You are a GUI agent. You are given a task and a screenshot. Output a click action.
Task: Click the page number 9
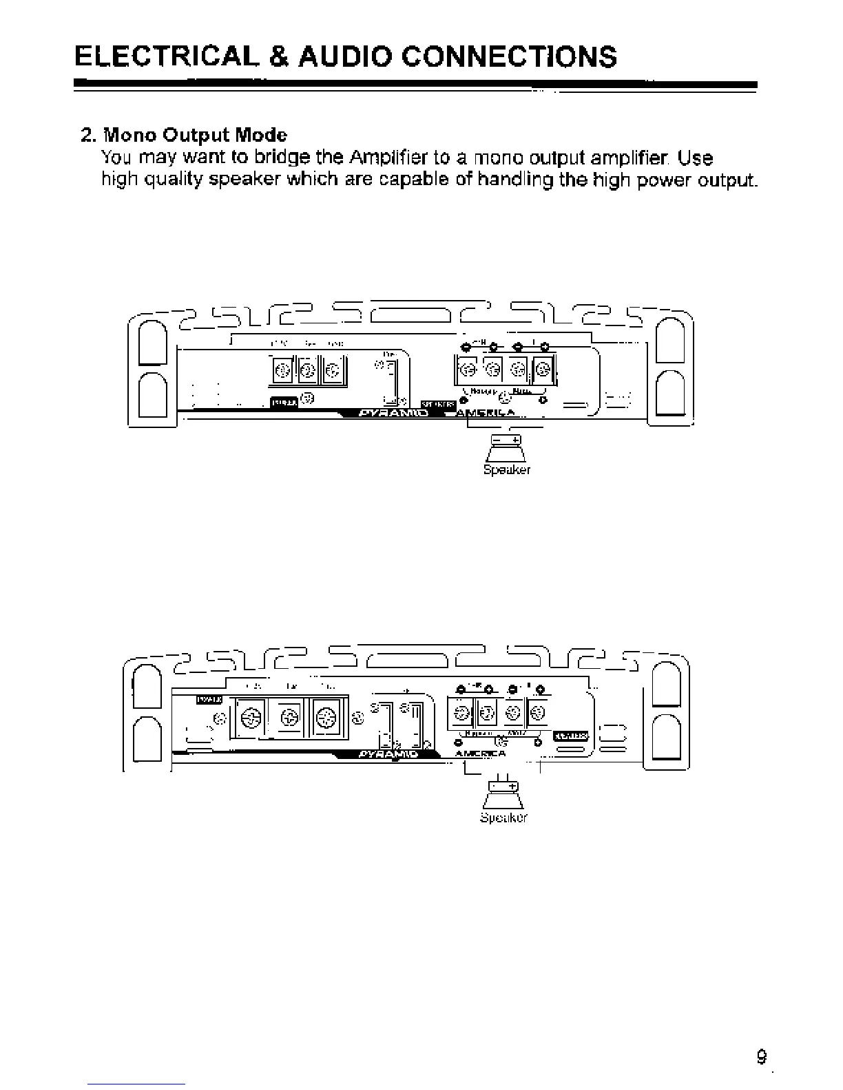click(x=761, y=1057)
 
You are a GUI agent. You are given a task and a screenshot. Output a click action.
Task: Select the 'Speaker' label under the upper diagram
click(x=507, y=470)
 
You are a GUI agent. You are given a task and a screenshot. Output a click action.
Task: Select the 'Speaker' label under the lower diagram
click(x=503, y=817)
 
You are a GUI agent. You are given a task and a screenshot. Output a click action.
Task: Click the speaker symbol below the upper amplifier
click(x=506, y=449)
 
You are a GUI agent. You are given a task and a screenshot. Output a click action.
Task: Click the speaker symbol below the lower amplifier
click(x=503, y=795)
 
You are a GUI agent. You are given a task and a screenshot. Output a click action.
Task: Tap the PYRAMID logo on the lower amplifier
click(x=390, y=754)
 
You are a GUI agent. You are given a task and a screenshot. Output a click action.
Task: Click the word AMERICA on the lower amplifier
click(x=480, y=754)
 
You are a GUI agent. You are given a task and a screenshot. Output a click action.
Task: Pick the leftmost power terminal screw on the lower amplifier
click(x=250, y=719)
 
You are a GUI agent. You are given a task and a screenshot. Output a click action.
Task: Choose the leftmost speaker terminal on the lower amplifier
click(x=459, y=714)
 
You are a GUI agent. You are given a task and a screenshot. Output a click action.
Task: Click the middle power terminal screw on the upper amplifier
click(x=308, y=372)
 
